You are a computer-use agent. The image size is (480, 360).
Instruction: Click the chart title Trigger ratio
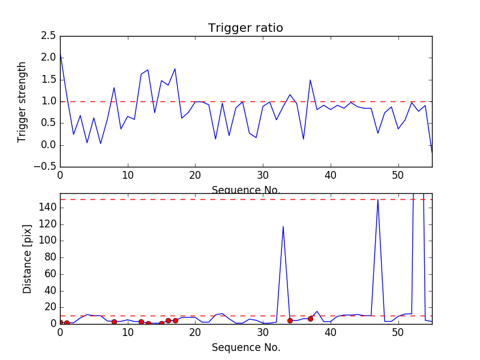(x=245, y=28)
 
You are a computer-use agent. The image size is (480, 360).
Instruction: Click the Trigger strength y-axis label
(x=22, y=101)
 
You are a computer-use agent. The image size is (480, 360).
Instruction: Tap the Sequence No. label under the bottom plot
(x=246, y=347)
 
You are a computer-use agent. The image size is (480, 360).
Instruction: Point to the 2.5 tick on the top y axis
(x=49, y=36)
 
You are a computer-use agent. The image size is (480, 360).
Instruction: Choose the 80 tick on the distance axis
(x=49, y=257)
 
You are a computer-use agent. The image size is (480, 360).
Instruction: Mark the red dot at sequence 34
(x=290, y=320)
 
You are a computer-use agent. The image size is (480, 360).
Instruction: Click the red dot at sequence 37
(x=310, y=319)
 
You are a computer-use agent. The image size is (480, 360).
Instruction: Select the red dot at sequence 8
(x=114, y=322)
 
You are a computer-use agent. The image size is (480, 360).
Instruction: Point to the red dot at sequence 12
(x=141, y=322)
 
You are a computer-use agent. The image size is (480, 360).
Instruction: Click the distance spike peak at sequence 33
(x=283, y=226)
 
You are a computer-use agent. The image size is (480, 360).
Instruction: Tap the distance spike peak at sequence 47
(x=377, y=200)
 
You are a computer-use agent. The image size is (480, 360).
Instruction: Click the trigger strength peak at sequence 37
(x=310, y=80)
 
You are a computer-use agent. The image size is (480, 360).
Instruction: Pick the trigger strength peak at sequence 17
(x=175, y=68)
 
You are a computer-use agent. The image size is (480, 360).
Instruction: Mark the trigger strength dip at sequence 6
(x=100, y=143)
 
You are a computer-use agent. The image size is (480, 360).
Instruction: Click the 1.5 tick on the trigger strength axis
(x=49, y=80)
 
